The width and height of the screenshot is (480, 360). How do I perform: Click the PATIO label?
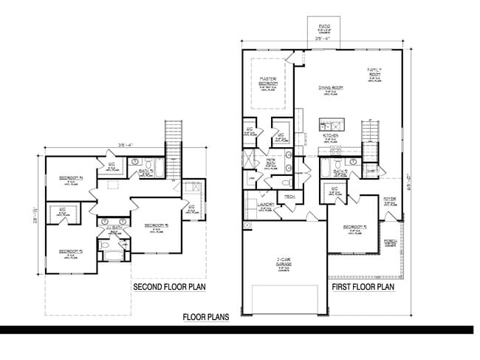point(323,25)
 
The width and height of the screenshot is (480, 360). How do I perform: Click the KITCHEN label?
point(330,136)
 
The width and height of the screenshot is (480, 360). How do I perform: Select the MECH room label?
point(289,196)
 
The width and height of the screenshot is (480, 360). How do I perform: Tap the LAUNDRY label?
point(266,205)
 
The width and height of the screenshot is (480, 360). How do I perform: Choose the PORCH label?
point(389,241)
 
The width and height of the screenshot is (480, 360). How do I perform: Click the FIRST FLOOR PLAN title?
point(362,287)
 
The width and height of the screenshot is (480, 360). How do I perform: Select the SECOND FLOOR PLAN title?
point(168,287)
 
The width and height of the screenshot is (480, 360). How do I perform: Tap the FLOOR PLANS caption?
point(206,317)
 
